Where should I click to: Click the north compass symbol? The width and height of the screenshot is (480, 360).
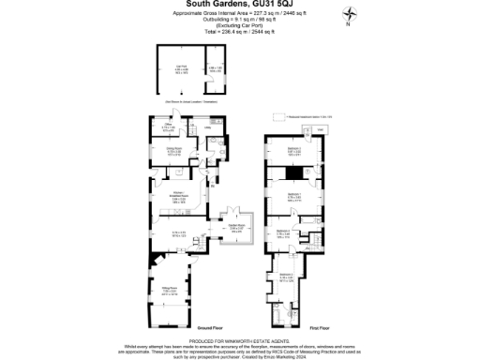[350, 15]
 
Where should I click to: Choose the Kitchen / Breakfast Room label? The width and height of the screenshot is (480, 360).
[178, 196]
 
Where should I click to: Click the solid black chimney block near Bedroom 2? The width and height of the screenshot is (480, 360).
[293, 172]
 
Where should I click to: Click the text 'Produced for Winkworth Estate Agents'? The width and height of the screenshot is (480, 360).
[241, 339]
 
